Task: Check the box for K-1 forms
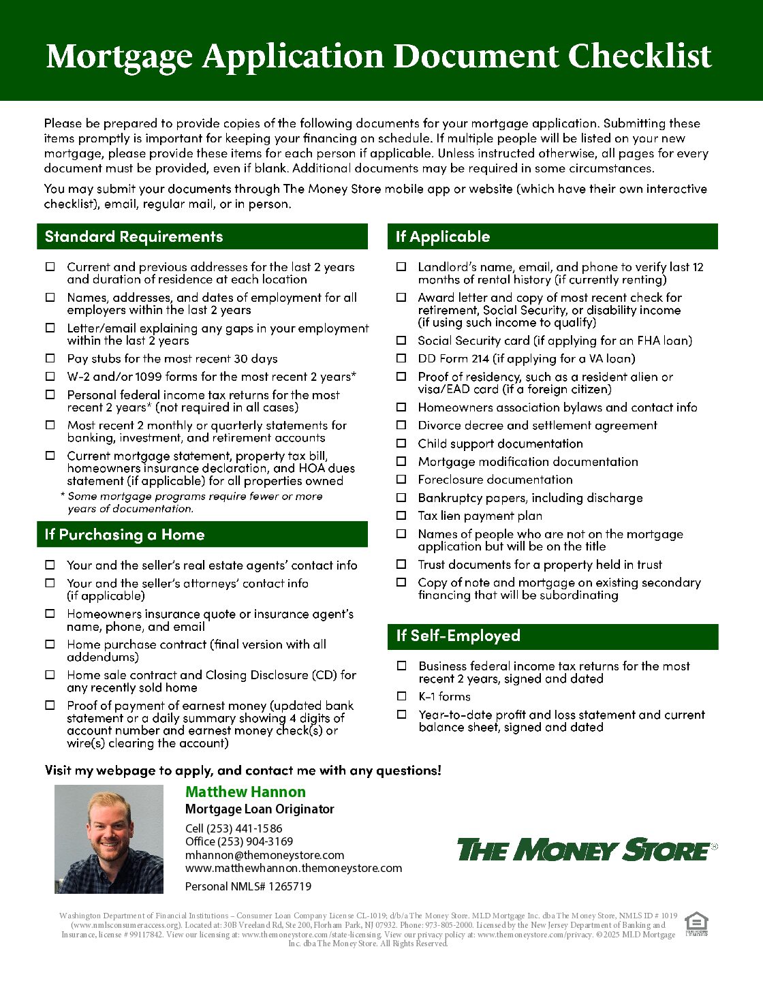[x=402, y=696]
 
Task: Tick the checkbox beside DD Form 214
[x=402, y=358]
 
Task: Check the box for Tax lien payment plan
[x=402, y=516]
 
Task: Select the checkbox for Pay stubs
[x=50, y=358]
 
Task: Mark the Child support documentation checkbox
[x=402, y=443]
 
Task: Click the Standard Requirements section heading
[x=134, y=236]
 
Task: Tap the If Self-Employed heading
[x=458, y=636]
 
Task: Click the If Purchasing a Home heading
[x=125, y=535]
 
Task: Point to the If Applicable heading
[x=443, y=236]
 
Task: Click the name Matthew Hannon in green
[x=245, y=792]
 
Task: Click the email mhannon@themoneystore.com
[x=264, y=855]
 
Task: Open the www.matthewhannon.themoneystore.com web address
[x=294, y=868]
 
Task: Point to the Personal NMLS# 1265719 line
[x=248, y=886]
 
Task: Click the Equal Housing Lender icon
[x=696, y=924]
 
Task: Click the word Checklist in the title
[x=640, y=56]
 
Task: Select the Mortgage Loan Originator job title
[x=260, y=809]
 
